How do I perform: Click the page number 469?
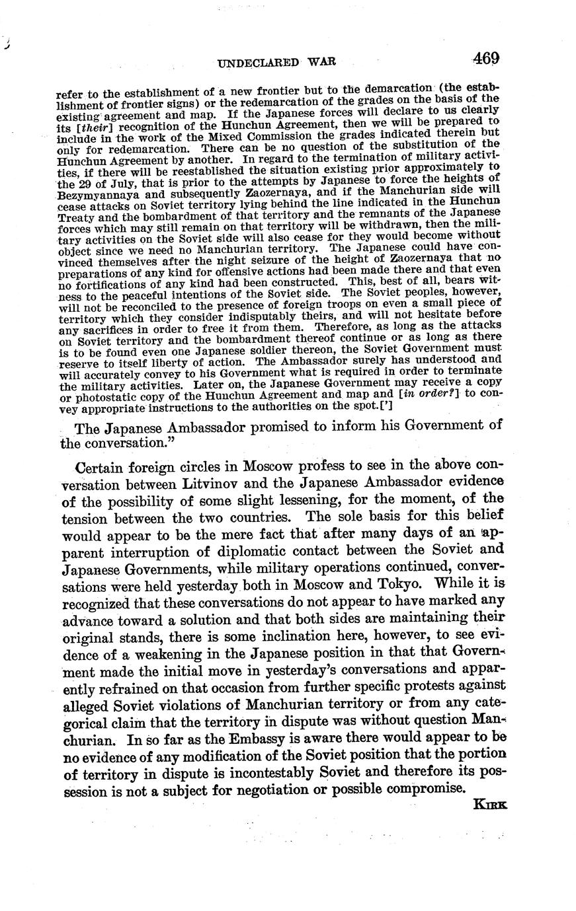pyautogui.click(x=486, y=58)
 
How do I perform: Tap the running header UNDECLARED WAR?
pyautogui.click(x=277, y=62)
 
